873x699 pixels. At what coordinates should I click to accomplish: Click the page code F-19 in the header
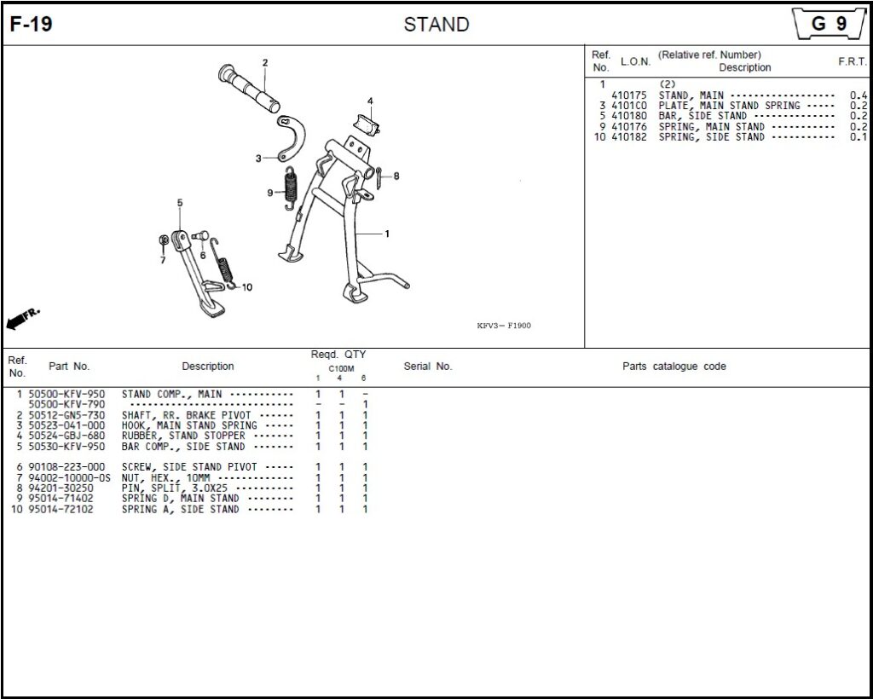(32, 25)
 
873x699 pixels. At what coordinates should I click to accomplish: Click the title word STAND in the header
(436, 25)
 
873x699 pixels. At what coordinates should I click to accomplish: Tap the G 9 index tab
(828, 24)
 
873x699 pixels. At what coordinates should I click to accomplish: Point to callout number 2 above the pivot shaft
(265, 63)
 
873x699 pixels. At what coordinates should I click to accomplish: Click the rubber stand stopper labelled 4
(367, 122)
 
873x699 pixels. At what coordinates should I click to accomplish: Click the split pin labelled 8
(380, 176)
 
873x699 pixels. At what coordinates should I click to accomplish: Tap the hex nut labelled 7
(163, 241)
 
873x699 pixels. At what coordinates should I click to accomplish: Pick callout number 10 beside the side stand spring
(247, 287)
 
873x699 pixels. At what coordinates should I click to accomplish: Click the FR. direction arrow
(23, 319)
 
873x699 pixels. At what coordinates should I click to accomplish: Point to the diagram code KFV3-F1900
(504, 326)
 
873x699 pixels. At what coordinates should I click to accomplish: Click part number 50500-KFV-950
(66, 395)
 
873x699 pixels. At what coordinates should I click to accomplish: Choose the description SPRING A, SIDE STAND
(180, 509)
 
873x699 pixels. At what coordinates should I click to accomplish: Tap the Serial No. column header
(427, 367)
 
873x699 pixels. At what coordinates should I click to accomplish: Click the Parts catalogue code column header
(674, 367)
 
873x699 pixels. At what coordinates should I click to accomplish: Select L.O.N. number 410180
(629, 116)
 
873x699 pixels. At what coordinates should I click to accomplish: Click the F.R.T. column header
(852, 62)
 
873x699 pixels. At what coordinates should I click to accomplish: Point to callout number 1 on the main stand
(387, 234)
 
